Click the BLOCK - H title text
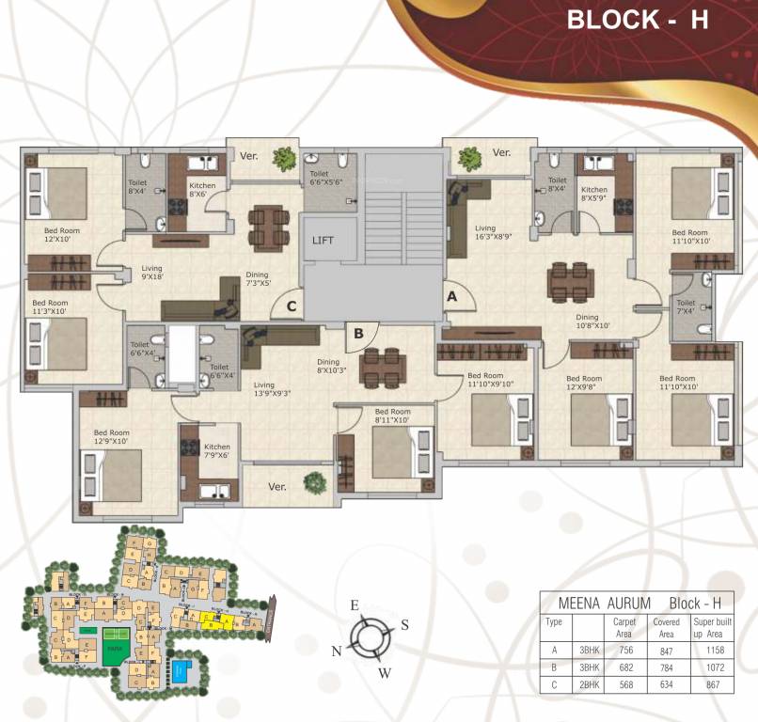coord(637,21)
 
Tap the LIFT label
coord(324,241)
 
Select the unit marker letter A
coord(452,295)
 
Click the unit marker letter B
coord(358,332)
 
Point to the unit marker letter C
coord(292,306)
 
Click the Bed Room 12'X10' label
coord(63,233)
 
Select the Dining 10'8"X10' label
coord(593,322)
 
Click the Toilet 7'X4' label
coord(686,306)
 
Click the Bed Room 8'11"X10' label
coord(392,416)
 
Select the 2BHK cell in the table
coord(591,684)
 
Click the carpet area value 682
coord(623,667)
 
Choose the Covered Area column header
coord(667,627)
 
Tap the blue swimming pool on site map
coord(180,671)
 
